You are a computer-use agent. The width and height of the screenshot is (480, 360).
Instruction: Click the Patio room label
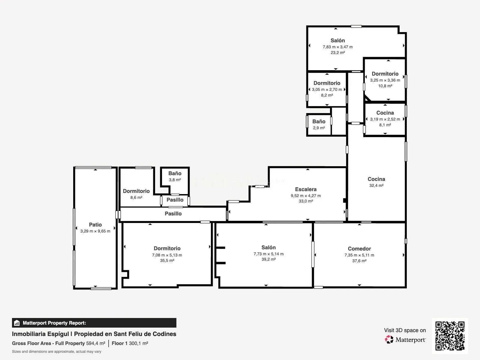[x=95, y=224]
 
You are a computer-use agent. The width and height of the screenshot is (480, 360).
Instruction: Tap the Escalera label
[x=306, y=189]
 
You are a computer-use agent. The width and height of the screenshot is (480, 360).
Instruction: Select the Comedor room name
[x=359, y=248]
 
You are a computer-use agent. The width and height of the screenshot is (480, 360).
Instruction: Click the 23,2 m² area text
[x=337, y=52]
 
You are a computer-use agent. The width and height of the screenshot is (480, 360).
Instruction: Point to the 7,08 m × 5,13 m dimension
[x=167, y=255]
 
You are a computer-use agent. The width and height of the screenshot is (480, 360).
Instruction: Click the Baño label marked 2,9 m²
[x=319, y=121]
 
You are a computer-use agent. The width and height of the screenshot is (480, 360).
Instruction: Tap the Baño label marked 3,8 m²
[x=175, y=173]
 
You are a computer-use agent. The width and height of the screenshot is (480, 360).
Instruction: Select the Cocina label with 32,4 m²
[x=376, y=179]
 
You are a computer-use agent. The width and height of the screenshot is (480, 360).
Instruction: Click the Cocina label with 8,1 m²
[x=385, y=113]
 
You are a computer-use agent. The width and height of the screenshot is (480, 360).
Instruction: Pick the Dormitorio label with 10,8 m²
[x=385, y=74]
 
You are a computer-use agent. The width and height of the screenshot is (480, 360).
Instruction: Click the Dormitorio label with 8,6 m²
[x=136, y=191]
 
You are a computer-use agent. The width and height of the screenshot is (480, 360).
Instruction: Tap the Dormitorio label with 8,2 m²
[x=327, y=83]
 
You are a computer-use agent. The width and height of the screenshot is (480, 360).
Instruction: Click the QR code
[x=450, y=336]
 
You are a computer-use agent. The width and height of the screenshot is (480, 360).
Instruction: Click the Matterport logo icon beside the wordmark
[x=389, y=340]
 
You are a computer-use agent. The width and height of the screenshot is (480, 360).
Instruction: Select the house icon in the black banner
[x=17, y=323]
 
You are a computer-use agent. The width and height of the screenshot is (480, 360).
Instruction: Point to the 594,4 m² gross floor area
[x=96, y=343]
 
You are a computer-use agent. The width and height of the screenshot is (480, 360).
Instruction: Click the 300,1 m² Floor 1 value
[x=138, y=343]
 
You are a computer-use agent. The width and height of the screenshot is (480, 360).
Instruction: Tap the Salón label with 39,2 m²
[x=268, y=247]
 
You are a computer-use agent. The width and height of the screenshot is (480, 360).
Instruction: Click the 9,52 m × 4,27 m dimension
[x=306, y=196]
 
